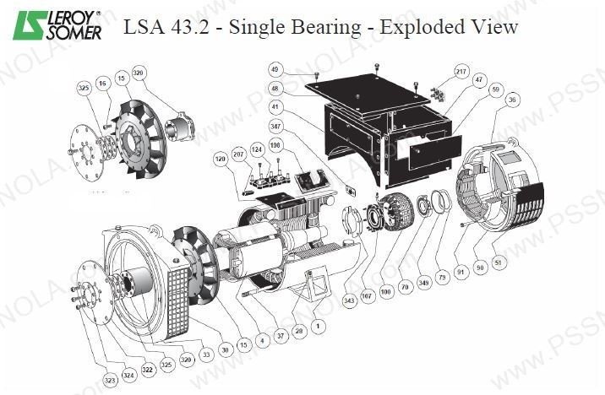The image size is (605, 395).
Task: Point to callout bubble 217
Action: pyautogui.click(x=461, y=71)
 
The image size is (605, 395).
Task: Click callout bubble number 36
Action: pyautogui.click(x=511, y=100)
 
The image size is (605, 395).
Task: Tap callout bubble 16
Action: pyautogui.click(x=102, y=84)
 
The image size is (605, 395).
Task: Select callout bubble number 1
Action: pyautogui.click(x=316, y=324)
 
